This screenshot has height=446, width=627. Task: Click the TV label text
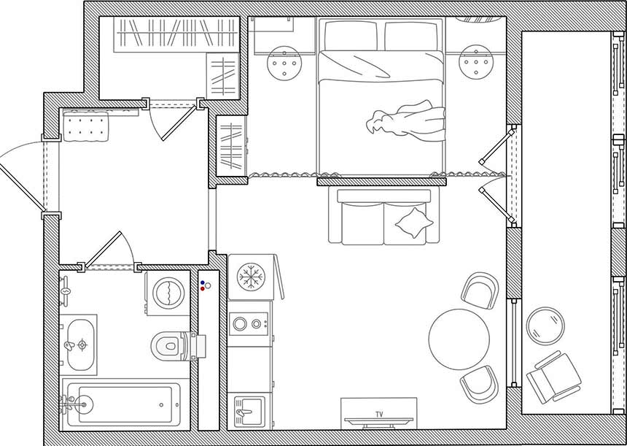379,415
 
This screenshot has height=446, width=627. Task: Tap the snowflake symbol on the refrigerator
251,276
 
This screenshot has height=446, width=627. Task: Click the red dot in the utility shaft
203,288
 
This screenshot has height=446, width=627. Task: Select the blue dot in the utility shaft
203,282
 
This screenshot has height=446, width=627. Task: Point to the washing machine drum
168,293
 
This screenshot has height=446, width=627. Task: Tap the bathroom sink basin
80,345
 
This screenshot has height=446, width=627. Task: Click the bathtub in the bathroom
124,404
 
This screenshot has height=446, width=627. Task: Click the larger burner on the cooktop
240,324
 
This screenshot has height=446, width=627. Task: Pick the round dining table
459,339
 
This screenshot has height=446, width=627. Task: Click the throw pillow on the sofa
414,223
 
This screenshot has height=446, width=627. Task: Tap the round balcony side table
545,326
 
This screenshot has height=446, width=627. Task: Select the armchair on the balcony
554,377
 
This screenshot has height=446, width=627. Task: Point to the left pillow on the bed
351,36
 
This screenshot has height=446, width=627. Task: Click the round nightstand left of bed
284,64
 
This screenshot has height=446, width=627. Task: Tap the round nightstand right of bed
476,61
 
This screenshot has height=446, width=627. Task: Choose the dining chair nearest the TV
480,384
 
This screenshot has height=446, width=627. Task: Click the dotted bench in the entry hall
86,126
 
